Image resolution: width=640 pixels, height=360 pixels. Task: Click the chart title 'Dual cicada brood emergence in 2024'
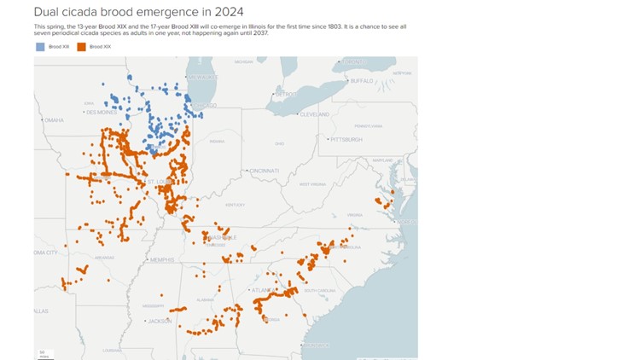tap(138, 12)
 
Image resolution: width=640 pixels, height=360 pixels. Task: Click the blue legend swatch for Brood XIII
tap(40, 47)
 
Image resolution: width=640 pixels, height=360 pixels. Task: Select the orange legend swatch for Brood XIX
tap(81, 47)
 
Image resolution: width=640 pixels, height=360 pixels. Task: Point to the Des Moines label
tap(101, 112)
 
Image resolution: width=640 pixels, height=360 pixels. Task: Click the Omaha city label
tap(54, 120)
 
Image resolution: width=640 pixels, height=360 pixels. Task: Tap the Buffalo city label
tap(362, 81)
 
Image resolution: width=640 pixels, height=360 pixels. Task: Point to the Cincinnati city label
tap(264, 171)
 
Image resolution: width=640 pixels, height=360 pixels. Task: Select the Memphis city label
tap(161, 259)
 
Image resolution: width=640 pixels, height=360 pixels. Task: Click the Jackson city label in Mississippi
tap(160, 321)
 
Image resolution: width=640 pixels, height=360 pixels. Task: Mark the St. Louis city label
tap(160, 182)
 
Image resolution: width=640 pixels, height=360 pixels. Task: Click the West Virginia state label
tap(312, 183)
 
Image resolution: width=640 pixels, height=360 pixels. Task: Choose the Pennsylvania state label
tap(369, 125)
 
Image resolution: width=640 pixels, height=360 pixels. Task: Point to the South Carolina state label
tap(320, 290)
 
